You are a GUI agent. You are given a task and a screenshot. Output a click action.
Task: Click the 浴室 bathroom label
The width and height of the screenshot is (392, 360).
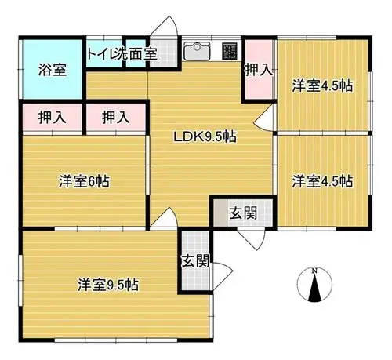[53, 70]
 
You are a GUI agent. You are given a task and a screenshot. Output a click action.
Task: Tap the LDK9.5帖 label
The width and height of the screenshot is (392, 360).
[205, 136]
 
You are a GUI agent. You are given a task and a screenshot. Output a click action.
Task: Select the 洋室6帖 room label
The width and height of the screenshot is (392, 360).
[84, 181]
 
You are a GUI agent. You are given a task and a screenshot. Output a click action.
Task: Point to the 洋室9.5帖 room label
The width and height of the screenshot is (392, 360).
[108, 285]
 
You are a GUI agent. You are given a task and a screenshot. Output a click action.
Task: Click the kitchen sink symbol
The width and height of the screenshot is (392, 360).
[197, 51]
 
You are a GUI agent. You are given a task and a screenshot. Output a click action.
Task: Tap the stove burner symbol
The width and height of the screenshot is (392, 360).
[230, 51]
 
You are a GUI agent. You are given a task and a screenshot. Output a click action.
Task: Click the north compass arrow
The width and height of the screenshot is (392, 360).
[315, 288]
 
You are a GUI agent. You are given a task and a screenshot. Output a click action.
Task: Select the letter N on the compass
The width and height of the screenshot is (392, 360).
[315, 271]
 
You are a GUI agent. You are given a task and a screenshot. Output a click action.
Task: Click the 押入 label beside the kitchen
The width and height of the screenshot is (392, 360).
[259, 70]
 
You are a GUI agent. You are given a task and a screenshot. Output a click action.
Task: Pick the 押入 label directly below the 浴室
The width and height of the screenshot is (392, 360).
[53, 118]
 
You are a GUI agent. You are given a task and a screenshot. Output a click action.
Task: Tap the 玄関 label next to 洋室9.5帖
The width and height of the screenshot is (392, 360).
[195, 260]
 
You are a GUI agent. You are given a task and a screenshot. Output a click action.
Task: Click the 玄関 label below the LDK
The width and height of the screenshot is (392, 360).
[243, 213]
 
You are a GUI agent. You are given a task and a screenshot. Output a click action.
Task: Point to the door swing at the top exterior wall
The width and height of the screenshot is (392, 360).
[164, 26]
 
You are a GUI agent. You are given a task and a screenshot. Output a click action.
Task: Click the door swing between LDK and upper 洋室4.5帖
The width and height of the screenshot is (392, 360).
[264, 117]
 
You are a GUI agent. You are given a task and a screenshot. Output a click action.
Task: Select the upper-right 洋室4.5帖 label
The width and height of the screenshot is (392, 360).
[322, 85]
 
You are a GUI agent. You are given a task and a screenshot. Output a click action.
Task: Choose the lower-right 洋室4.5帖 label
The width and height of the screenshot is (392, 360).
[322, 181]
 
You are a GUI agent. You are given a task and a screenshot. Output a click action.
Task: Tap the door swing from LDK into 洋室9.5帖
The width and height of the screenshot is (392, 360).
[164, 219]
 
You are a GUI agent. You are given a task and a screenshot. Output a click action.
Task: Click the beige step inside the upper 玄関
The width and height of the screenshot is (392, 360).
[220, 213]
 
